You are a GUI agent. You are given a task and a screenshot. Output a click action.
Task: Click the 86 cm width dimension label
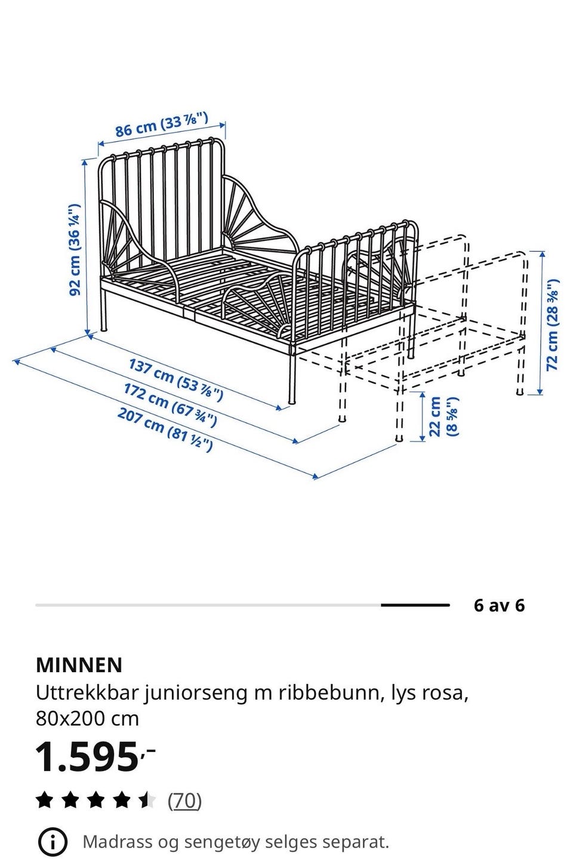(x=162, y=124)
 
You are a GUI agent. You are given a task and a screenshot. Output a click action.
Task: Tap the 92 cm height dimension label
(x=75, y=250)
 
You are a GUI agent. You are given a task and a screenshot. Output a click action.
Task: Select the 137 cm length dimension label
(x=176, y=380)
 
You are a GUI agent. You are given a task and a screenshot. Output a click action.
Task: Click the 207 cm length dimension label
(x=165, y=429)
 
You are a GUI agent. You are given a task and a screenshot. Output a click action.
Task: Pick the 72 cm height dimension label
(x=553, y=324)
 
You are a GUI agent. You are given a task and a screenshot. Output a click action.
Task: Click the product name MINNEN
(x=79, y=664)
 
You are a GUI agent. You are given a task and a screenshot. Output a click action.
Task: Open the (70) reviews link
(x=184, y=800)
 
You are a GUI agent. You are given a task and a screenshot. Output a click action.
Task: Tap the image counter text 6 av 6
(x=499, y=605)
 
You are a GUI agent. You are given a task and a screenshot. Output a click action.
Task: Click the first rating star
(x=45, y=800)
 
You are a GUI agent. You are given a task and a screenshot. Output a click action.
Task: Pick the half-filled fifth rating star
(x=147, y=800)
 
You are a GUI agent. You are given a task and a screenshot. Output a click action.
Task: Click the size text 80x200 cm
(x=87, y=719)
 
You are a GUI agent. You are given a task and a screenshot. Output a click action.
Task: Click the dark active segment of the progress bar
(x=415, y=605)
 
